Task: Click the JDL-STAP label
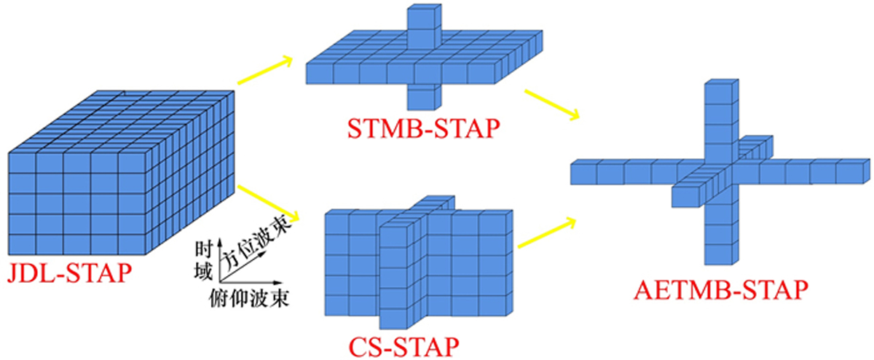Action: point(69,273)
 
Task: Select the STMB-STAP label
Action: point(423,129)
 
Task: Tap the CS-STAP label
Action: point(403,346)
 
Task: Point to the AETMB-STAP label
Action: point(720,290)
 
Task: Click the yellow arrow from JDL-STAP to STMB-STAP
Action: point(265,70)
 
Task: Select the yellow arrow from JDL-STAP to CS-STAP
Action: point(268,203)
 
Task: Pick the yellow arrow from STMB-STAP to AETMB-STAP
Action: point(552,105)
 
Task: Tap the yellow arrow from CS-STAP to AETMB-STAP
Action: point(547,233)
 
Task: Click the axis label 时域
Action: point(203,261)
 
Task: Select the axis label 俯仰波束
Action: point(248,299)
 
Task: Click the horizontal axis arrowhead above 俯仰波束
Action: point(277,282)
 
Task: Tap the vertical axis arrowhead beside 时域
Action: point(219,240)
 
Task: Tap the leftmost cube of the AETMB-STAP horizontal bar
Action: point(584,172)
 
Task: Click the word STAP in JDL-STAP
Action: point(98,273)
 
